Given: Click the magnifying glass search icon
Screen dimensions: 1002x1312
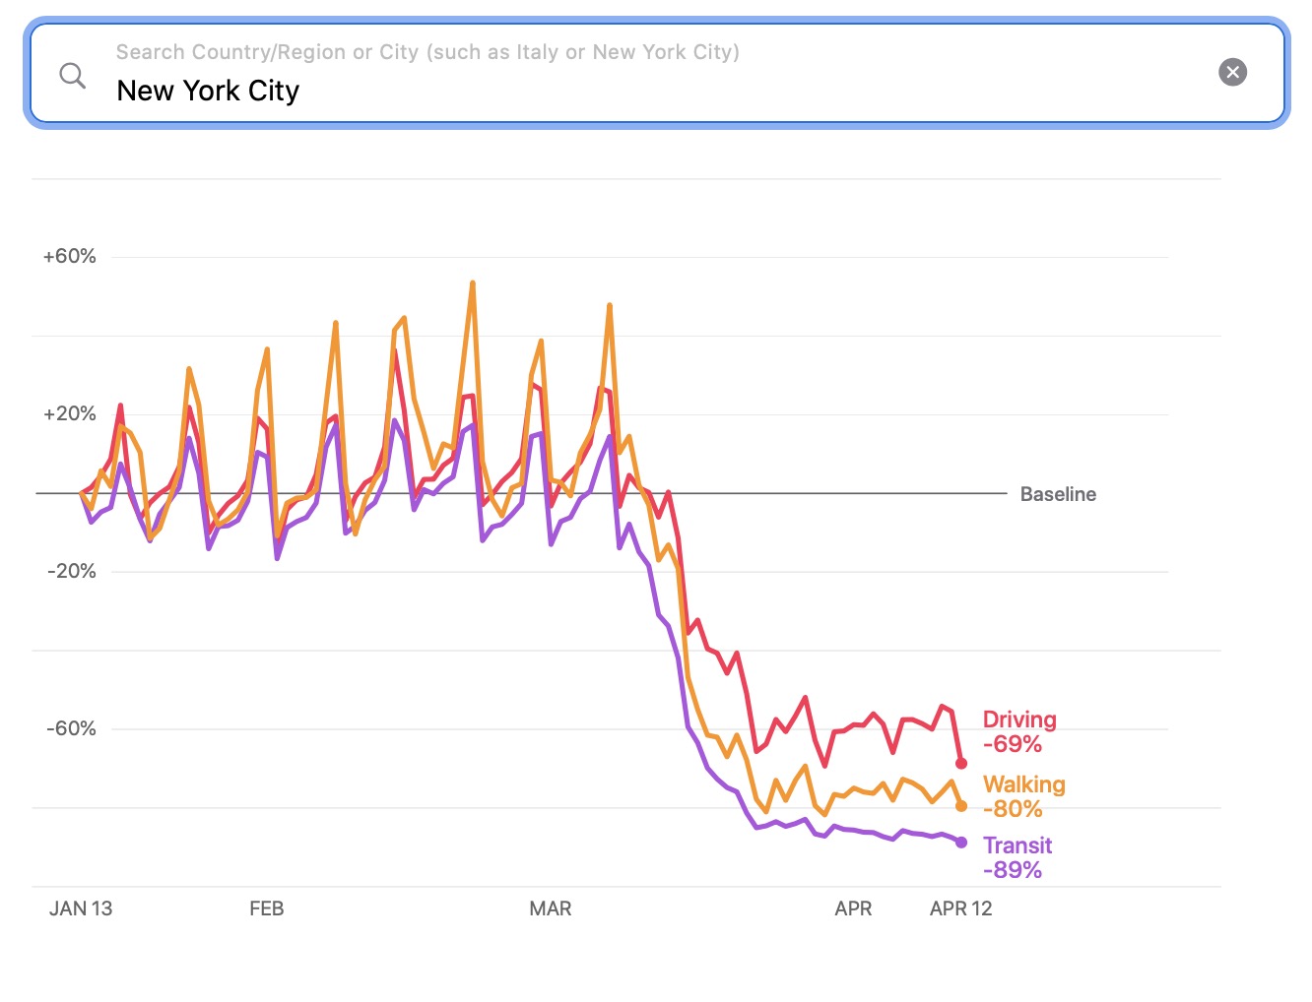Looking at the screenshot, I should [73, 75].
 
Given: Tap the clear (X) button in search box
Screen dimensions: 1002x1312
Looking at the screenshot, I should [1232, 72].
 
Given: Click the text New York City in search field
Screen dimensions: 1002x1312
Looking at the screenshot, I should [208, 91].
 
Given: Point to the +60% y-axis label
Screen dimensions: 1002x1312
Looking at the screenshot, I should [70, 257].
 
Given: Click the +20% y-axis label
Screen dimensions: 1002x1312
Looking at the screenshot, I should [70, 414].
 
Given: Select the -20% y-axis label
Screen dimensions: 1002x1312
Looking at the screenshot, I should [71, 572].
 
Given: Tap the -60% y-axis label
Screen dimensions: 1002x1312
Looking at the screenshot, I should [71, 729].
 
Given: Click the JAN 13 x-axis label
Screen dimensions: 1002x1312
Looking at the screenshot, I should [81, 908].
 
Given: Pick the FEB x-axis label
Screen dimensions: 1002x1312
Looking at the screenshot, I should [267, 908].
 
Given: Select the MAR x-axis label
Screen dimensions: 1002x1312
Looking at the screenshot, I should [551, 908].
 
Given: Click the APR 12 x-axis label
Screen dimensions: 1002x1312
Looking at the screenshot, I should [960, 908].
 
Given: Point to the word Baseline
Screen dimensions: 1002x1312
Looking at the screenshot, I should [1058, 494].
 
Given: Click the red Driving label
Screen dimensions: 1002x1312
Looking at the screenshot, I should [1019, 720].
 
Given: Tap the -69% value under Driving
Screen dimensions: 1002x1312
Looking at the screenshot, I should [1013, 744].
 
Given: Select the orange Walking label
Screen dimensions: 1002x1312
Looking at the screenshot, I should [1024, 784].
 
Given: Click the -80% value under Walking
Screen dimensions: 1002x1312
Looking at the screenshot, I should [1013, 809].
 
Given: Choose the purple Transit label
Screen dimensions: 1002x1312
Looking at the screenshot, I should [1017, 845].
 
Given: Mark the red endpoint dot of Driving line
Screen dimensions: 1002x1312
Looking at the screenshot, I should [961, 764].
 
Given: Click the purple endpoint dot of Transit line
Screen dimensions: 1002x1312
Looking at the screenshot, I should [961, 843].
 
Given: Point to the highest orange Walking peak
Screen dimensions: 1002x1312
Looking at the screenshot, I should [473, 283].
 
